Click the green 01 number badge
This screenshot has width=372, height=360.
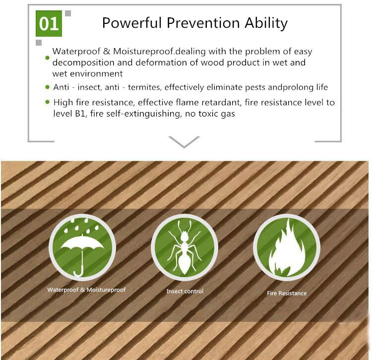click(49, 23)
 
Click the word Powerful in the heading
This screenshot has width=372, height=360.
click(132, 23)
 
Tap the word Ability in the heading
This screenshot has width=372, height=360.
click(266, 23)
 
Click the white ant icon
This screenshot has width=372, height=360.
click(185, 247)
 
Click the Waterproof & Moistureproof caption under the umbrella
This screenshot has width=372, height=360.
click(86, 290)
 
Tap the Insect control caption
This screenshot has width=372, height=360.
click(185, 291)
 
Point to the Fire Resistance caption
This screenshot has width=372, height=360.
click(287, 293)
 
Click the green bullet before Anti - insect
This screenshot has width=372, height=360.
click(48, 87)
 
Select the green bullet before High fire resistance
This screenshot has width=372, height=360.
click(48, 102)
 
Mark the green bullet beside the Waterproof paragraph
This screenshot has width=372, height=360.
click(48, 58)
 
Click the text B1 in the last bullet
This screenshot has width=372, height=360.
click(80, 114)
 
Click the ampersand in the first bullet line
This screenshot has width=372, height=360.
click(107, 52)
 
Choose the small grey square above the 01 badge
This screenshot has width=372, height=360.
click(68, 13)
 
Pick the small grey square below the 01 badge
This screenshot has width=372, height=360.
click(39, 43)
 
